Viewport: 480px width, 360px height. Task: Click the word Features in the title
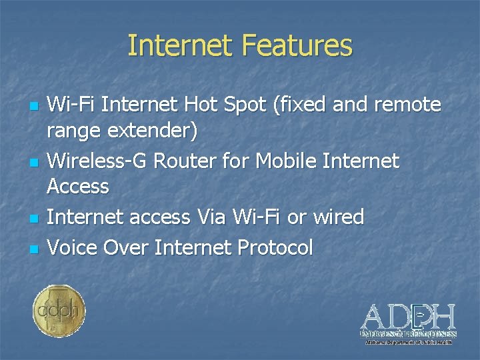(x=297, y=46)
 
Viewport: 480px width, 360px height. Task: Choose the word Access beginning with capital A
(x=78, y=187)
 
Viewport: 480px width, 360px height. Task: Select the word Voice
(x=72, y=248)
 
